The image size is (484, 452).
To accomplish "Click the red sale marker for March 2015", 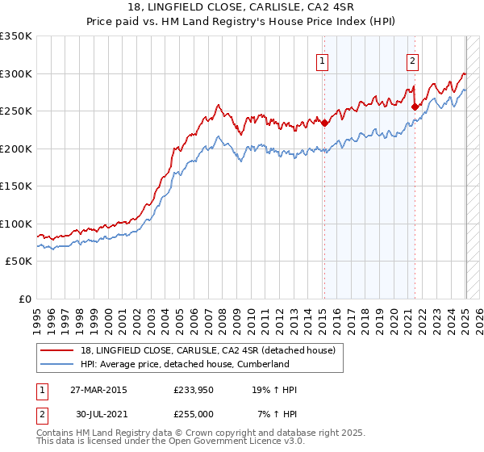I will pos(324,123).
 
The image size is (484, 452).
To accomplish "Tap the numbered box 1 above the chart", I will pos(322,59).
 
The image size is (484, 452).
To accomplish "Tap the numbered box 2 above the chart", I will pos(412,59).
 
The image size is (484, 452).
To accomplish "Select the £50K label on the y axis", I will pos(19,262).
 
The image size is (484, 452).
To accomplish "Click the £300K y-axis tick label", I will pos(15,73).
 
